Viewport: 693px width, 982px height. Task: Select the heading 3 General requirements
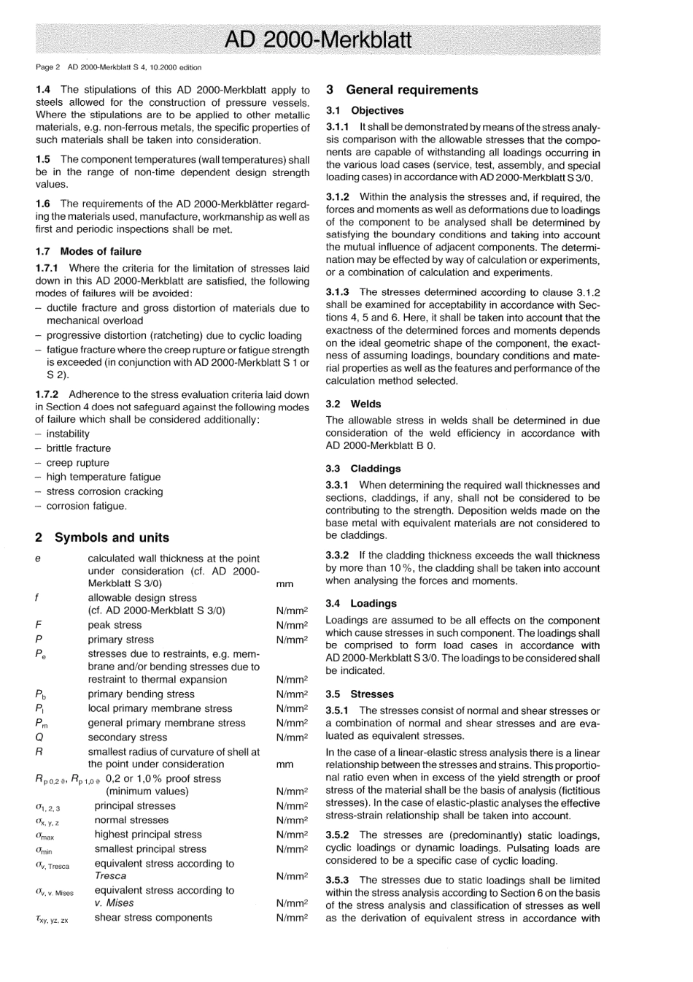[402, 90]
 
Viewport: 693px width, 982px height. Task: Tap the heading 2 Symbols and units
[102, 537]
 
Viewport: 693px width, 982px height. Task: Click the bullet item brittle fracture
[78, 448]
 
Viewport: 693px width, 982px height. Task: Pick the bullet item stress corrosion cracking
[104, 491]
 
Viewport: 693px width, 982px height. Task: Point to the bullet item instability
[68, 434]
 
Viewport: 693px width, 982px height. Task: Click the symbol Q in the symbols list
[39, 737]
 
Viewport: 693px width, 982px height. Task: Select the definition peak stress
[115, 625]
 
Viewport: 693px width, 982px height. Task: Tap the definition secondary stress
[128, 737]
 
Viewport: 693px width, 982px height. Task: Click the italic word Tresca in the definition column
[110, 876]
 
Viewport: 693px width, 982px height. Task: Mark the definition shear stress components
[153, 918]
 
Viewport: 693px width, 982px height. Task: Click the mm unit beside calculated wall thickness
[284, 584]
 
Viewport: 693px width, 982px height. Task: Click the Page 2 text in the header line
[48, 67]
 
